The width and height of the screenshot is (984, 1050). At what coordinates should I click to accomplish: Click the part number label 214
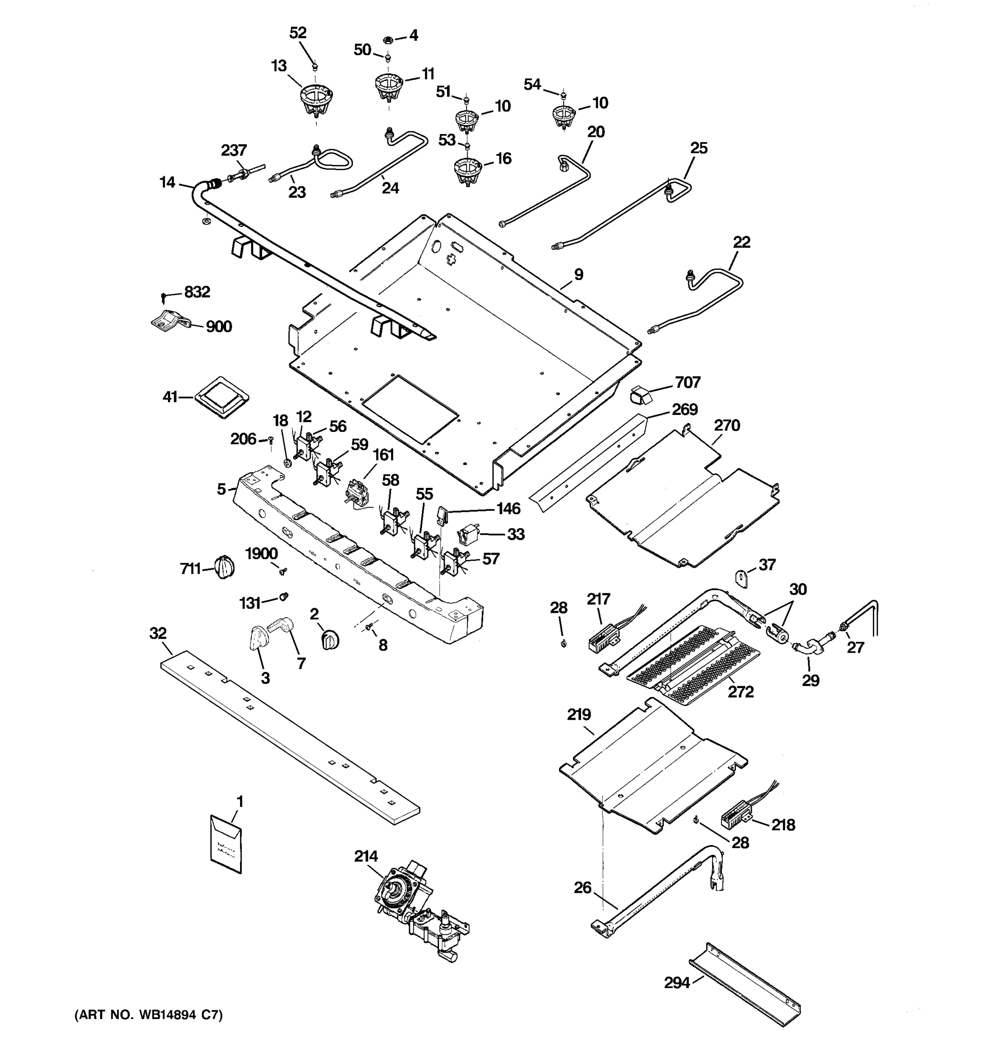(366, 856)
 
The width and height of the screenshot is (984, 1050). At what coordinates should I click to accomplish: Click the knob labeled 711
(224, 567)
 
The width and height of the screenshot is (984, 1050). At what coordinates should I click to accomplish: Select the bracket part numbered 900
(169, 320)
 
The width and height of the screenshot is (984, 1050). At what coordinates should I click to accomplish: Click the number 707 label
(687, 382)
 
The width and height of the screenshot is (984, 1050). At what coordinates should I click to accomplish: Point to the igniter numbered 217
(604, 637)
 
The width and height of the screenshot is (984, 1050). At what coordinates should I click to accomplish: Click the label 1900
(262, 553)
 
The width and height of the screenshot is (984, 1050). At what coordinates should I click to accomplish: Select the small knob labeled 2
(329, 640)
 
